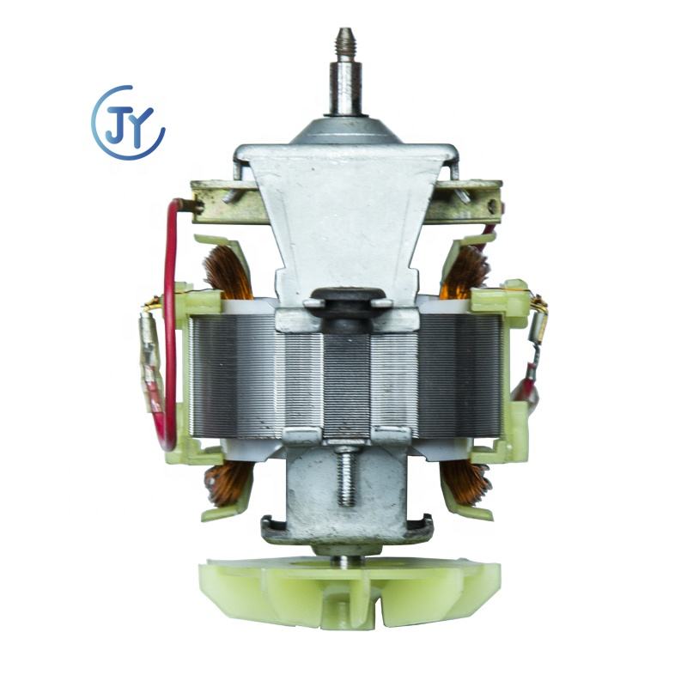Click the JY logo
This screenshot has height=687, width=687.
(127, 122)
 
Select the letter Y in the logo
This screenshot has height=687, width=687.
(141, 125)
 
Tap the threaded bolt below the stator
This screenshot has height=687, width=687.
(346, 476)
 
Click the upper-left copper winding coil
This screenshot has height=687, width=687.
(227, 271)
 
